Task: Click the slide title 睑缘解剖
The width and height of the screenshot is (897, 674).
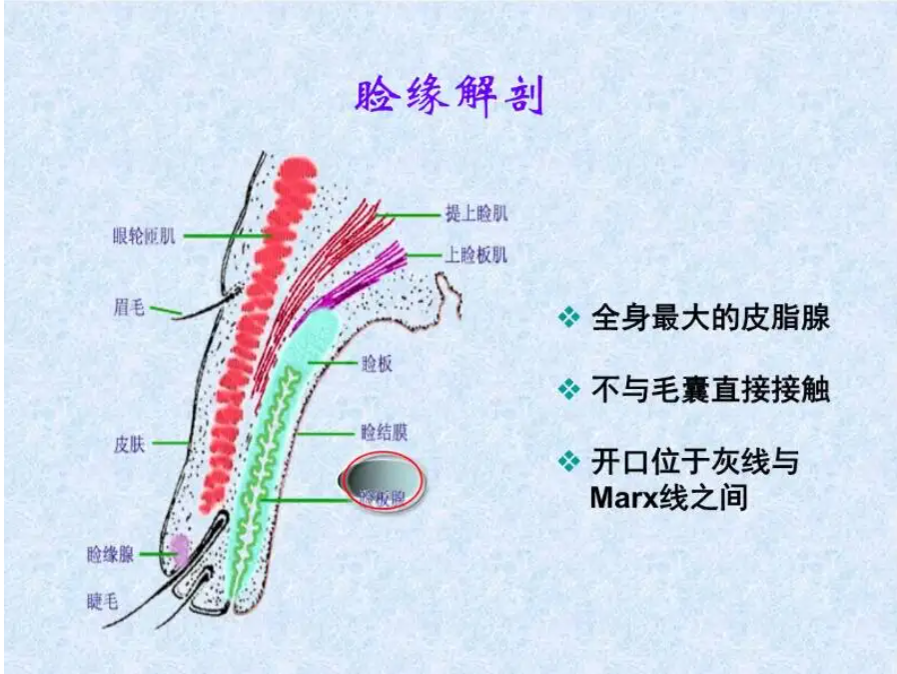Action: [448, 97]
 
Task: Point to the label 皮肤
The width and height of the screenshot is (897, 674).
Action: [130, 444]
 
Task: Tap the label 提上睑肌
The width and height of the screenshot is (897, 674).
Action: [476, 214]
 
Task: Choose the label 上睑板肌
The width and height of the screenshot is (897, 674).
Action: [476, 255]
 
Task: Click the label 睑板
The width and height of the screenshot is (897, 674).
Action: [377, 364]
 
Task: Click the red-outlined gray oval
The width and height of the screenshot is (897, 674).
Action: [383, 481]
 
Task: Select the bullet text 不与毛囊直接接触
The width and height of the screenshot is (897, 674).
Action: [710, 390]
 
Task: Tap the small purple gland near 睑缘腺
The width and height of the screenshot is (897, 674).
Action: [179, 550]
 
